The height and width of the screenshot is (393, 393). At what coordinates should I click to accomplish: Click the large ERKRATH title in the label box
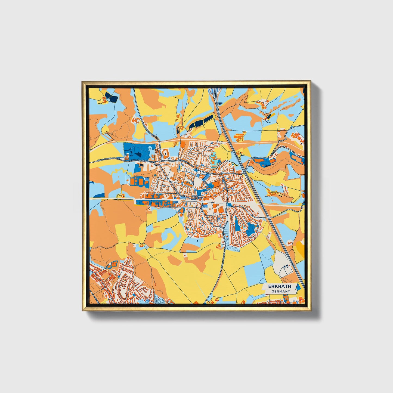(280, 286)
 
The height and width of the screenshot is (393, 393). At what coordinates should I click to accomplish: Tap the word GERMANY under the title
(281, 291)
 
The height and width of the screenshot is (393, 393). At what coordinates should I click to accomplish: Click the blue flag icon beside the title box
(298, 287)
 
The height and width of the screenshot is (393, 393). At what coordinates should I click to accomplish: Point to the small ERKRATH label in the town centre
(197, 196)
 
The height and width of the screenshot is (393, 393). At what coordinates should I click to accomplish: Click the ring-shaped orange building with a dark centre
(165, 155)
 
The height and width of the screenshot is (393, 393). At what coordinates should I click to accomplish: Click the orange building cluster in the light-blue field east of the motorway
(240, 136)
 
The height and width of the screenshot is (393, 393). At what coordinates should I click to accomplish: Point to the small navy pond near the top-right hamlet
(268, 116)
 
